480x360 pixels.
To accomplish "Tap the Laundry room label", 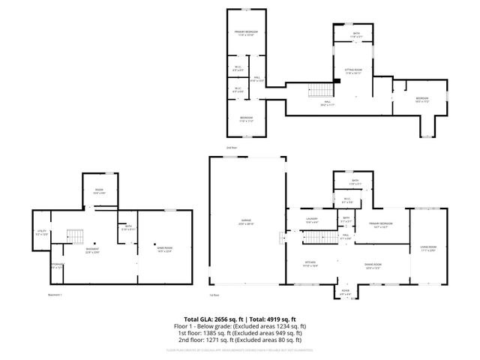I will [313, 220].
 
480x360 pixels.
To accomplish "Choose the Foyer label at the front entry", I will [346, 292].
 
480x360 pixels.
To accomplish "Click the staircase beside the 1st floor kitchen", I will [284, 238].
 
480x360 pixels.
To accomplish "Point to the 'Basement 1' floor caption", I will [55, 295].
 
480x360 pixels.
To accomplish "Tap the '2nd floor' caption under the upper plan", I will [232, 148].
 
